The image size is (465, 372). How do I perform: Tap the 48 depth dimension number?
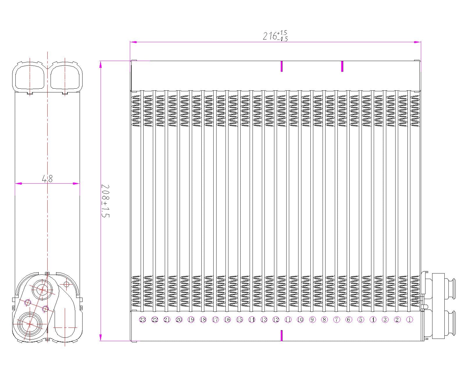[x=47, y=178]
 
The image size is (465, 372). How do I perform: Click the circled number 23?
[x=142, y=320]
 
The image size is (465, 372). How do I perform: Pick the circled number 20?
[x=179, y=320]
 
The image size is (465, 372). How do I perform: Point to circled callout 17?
[x=215, y=320]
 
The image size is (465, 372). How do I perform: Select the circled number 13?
[x=264, y=320]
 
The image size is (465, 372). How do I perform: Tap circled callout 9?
[x=312, y=320]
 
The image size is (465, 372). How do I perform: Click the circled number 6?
[x=348, y=320]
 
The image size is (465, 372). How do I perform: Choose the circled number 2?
[x=397, y=320]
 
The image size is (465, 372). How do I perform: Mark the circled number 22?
[x=155, y=320]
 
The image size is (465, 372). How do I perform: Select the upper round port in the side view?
[x=42, y=289]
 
